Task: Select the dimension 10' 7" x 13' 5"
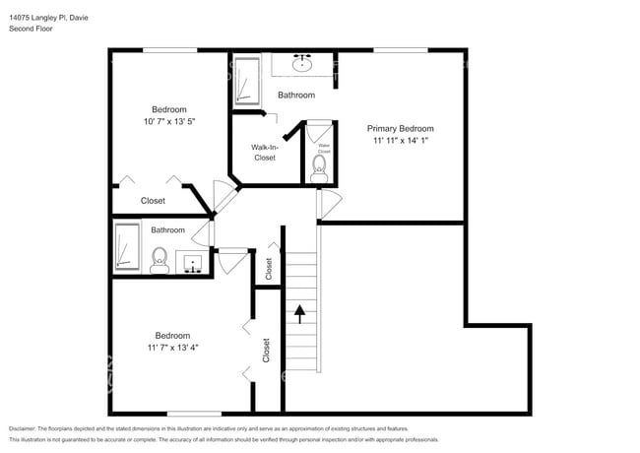click(x=168, y=123)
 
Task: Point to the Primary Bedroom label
click(x=400, y=129)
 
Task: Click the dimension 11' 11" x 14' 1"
click(x=400, y=141)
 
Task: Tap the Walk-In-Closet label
click(x=265, y=152)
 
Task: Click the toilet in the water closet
click(x=319, y=167)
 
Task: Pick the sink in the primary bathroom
click(x=302, y=67)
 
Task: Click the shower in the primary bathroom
click(x=245, y=81)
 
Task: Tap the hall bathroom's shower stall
click(x=127, y=246)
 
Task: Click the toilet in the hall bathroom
click(x=159, y=260)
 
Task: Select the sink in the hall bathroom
click(x=192, y=263)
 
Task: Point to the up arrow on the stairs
click(x=299, y=314)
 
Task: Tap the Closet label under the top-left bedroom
click(x=153, y=201)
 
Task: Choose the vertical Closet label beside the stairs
click(x=268, y=268)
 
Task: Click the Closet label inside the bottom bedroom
click(x=266, y=350)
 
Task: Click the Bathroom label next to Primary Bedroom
click(x=295, y=96)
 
